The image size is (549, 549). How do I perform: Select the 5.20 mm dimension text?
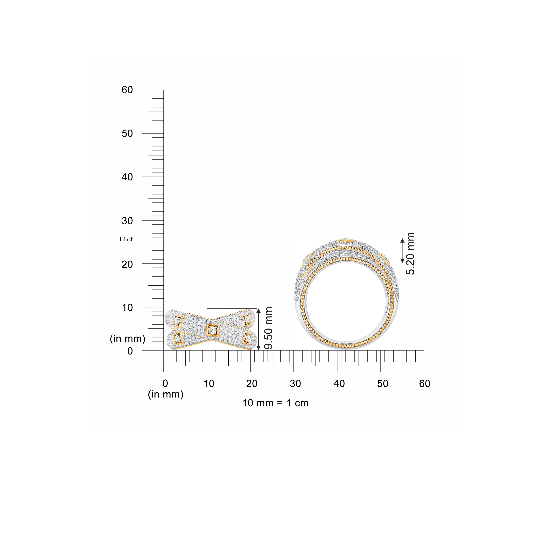point(410,253)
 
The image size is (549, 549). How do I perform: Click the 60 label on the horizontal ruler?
point(425,384)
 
